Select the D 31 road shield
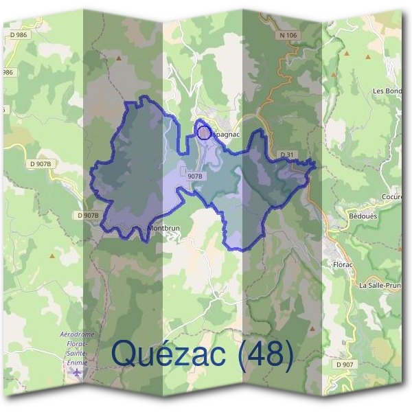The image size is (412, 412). pyautogui.click(x=287, y=154)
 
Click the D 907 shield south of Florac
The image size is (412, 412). pyautogui.click(x=345, y=364)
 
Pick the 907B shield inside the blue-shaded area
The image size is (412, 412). pyautogui.click(x=196, y=176)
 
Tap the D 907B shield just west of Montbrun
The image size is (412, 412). pyautogui.click(x=89, y=215)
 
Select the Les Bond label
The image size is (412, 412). pyautogui.click(x=387, y=91)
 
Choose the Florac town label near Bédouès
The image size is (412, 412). pyautogui.click(x=342, y=262)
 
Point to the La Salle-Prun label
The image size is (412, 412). pyautogui.click(x=379, y=284)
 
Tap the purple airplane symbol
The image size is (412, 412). pyautogui.click(x=78, y=372)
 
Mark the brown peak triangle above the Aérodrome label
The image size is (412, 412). pyautogui.click(x=51, y=255)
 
